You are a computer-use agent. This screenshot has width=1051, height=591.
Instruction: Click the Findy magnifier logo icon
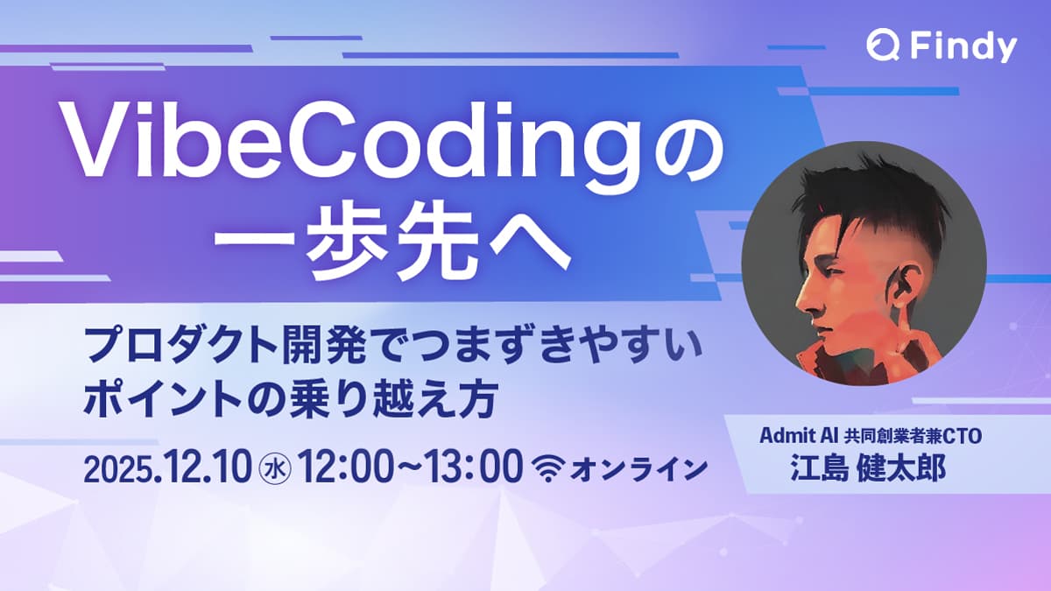click(880, 45)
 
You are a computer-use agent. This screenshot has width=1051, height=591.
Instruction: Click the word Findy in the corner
click(961, 46)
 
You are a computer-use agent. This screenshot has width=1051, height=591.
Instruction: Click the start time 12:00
click(344, 468)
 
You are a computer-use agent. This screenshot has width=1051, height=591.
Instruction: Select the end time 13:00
click(476, 468)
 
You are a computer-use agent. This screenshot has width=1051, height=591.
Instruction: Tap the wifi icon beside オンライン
click(548, 468)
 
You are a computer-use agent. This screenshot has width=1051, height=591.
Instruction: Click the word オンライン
click(637, 469)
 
